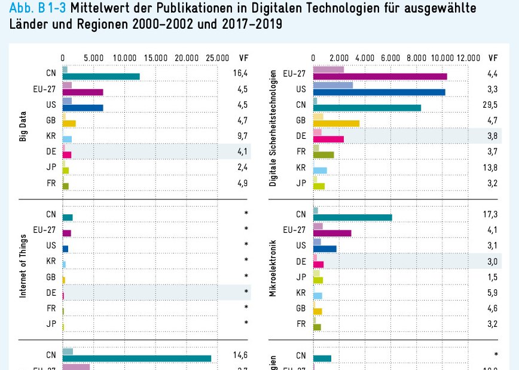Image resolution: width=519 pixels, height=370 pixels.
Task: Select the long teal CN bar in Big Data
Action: (x=101, y=77)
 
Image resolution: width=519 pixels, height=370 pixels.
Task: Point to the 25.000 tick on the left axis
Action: (x=218, y=57)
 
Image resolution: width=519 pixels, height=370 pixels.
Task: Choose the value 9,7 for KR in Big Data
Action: (x=241, y=136)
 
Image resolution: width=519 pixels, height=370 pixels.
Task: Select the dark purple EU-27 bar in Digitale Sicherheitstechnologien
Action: (x=380, y=77)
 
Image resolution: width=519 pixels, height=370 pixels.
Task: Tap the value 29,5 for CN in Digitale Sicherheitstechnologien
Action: (x=491, y=104)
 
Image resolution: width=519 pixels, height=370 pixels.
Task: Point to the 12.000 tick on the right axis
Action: (x=468, y=57)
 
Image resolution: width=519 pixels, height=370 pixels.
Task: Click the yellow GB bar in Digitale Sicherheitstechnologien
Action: (x=337, y=123)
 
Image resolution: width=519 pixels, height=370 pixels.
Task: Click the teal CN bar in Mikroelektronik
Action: (x=353, y=217)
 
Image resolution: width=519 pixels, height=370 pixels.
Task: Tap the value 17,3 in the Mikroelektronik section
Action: (x=491, y=214)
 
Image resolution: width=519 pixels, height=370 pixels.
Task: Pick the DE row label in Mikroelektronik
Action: (x=301, y=261)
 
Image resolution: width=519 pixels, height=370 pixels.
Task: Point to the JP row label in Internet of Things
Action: (x=51, y=324)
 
